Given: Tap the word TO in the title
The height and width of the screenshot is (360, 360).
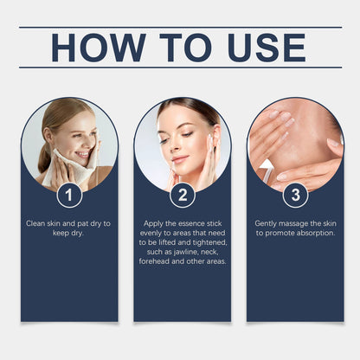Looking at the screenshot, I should point(178,48).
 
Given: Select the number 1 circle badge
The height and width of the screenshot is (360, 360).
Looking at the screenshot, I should point(69,195).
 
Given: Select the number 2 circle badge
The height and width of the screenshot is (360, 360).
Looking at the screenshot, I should point(182,195).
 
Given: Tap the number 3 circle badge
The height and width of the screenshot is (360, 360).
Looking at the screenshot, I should point(294,195).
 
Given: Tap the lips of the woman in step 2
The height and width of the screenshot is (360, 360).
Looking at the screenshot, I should point(179,159).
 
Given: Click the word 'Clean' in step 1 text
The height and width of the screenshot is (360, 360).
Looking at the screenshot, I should point(36,223).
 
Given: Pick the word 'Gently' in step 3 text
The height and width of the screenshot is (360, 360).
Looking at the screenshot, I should point(267,223).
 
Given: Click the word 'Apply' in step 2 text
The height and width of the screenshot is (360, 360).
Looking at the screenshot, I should point(152,223).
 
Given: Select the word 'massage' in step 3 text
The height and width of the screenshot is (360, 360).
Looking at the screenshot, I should point(294,223).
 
